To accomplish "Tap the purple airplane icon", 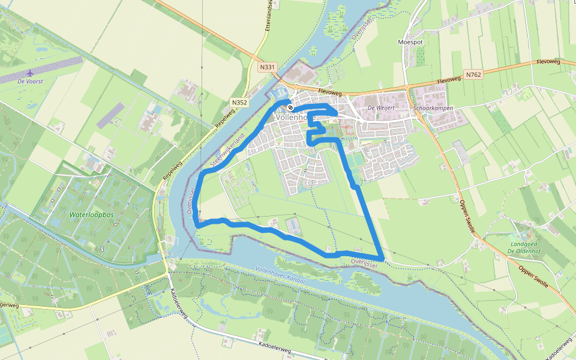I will click(30, 72).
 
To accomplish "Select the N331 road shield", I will click(268, 68).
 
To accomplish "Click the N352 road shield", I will click(239, 103).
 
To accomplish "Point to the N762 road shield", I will click(473, 75).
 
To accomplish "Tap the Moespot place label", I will click(410, 43).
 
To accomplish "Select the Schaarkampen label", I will click(433, 108).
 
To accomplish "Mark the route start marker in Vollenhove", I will click(290, 107).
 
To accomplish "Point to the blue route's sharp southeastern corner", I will click(382, 258).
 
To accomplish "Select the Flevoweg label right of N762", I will click(548, 61).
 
